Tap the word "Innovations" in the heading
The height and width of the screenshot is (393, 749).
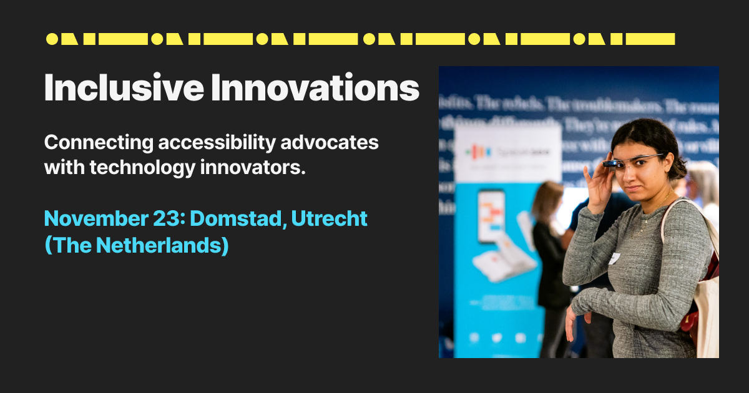(315, 88)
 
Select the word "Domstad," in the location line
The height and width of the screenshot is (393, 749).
(234, 219)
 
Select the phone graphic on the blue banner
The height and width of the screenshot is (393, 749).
(491, 216)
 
